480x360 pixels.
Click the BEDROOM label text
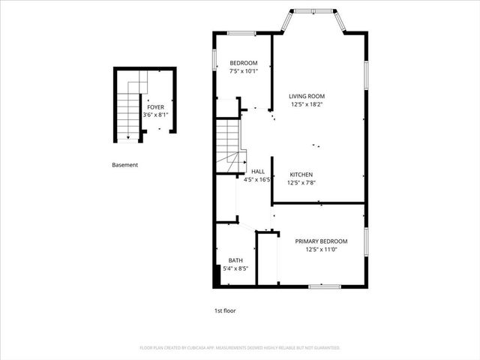244,62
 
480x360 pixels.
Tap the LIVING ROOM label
307,96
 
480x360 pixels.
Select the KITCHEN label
301,174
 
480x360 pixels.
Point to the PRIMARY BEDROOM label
320,241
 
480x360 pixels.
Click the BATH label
235,260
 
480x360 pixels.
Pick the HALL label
258,172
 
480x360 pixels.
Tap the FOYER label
156,107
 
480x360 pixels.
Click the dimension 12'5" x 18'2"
307,104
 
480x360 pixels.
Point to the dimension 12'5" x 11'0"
320,249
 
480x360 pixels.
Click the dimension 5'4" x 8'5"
238,268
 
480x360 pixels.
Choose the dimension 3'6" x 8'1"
156,115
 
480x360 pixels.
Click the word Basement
124,165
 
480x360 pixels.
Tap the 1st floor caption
225,310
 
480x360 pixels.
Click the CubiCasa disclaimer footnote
240,348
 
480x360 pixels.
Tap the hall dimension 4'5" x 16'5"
256,180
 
